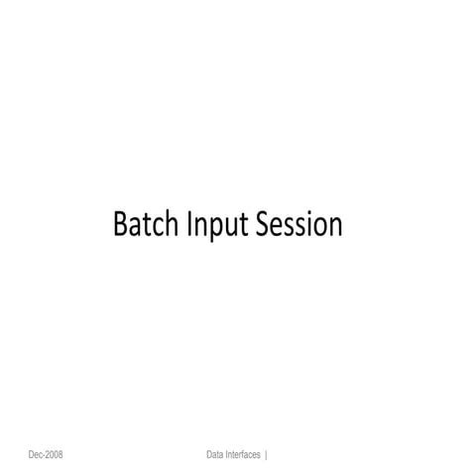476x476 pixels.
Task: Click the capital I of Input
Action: coord(188,225)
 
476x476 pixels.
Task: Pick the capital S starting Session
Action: coord(262,225)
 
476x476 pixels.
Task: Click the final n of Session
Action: coord(335,227)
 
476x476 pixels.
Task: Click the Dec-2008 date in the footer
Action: coord(47,455)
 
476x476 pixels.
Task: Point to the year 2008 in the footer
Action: coord(56,455)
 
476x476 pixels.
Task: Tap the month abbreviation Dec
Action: coord(37,455)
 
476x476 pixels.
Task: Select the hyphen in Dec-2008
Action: coord(45,456)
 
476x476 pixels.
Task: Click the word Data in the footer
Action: coord(215,455)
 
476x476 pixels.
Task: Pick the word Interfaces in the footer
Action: coord(244,455)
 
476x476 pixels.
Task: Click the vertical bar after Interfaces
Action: coord(267,455)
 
